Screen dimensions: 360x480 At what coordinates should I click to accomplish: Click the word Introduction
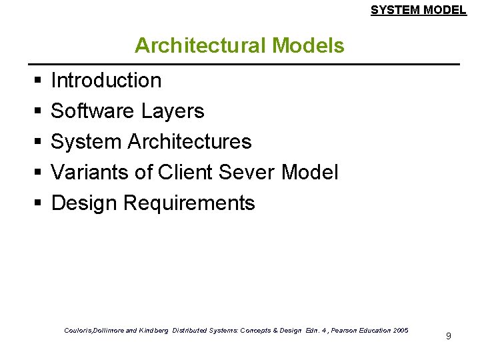106,81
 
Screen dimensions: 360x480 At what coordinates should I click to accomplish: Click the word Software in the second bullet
93,111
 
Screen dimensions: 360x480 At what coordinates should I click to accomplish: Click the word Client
187,173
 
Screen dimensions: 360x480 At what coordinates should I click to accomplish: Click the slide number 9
449,336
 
